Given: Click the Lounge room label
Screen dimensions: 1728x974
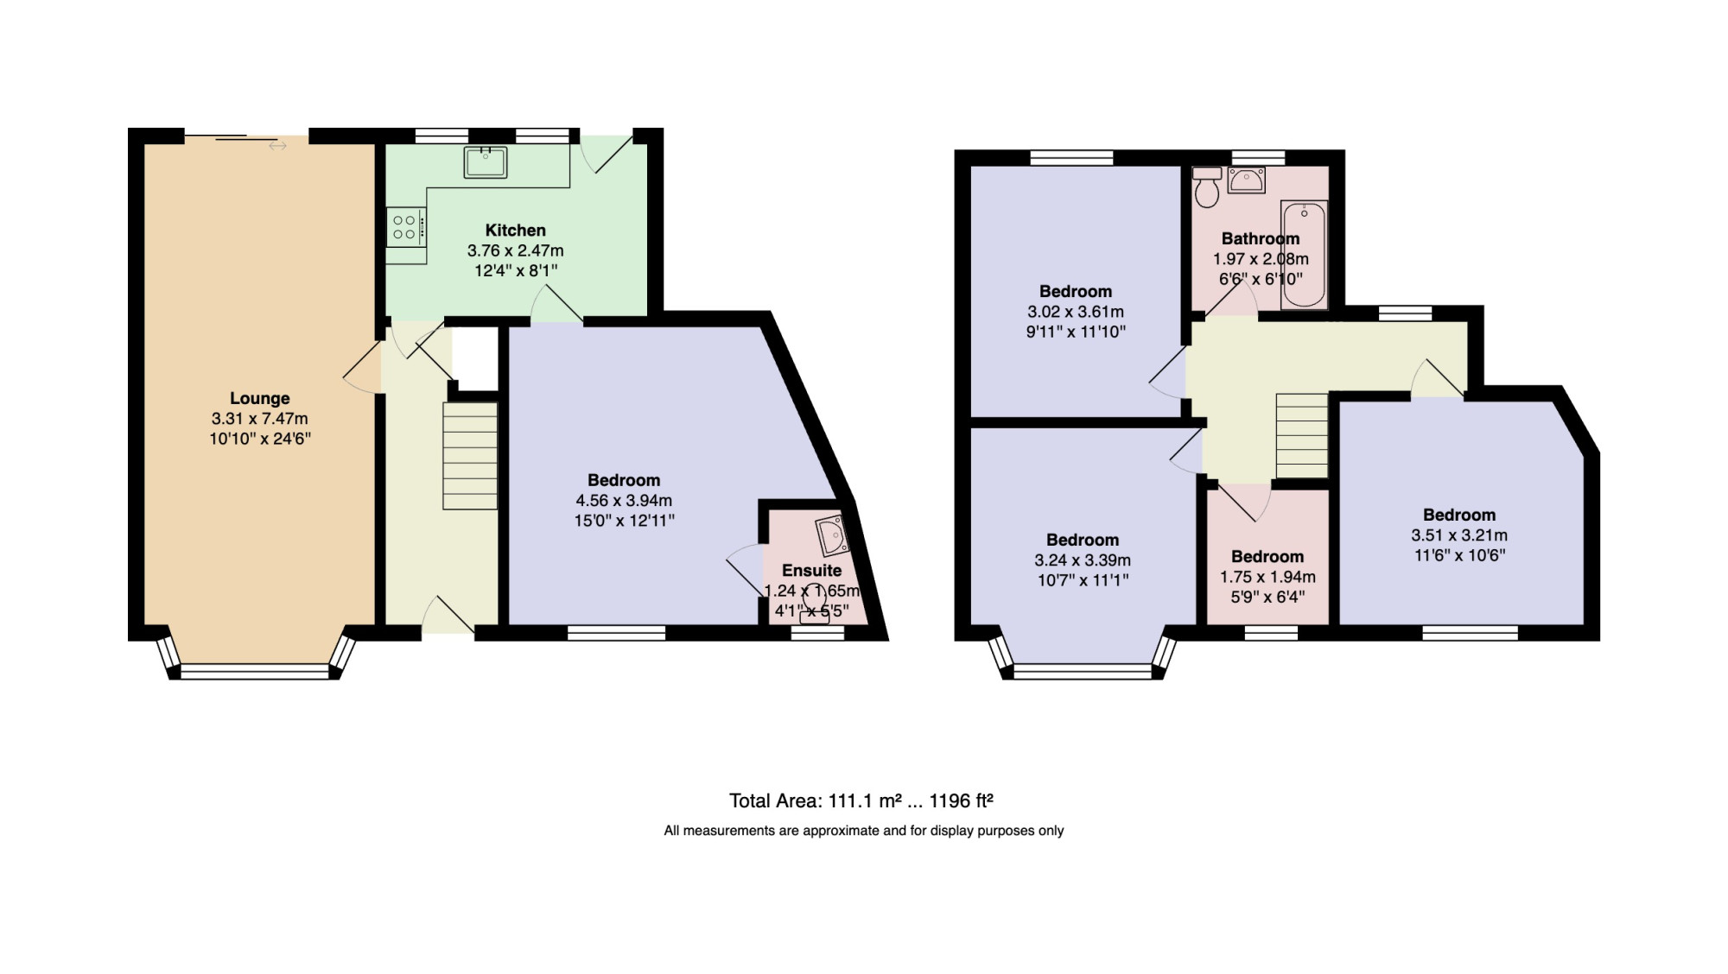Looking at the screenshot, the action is coord(259,398).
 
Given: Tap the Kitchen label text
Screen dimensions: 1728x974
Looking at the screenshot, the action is coord(515,231).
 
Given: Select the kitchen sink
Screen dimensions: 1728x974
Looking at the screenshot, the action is coord(486,162).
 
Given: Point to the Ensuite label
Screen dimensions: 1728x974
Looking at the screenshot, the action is coord(811,571).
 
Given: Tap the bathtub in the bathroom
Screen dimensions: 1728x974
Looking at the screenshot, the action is coord(1304,256).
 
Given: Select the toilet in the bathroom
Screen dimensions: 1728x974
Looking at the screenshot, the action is coord(1206,187).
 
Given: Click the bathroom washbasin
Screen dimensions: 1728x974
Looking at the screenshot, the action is coord(1246,180).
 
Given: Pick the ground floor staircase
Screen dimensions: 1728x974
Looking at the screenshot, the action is coord(471,456).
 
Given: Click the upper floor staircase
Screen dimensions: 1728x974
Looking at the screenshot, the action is coord(1302,435).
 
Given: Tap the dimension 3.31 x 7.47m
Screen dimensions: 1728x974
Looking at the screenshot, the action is coord(259,419).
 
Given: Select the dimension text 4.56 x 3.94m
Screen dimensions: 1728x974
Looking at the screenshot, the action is coord(624,501).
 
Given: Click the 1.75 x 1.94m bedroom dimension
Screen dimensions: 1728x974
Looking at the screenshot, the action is coord(1267,578).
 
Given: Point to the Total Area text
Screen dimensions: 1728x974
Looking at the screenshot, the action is coord(861,800).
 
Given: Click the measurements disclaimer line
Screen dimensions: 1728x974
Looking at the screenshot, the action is coord(864,831).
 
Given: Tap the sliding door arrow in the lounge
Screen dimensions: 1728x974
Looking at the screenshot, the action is coord(277,147).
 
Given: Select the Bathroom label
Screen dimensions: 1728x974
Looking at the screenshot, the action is coord(1261,238).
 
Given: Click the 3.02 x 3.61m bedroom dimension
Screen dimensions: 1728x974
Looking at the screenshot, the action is coord(1076,312).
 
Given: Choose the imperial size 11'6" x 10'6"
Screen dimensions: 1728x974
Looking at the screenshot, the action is coord(1459,555).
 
